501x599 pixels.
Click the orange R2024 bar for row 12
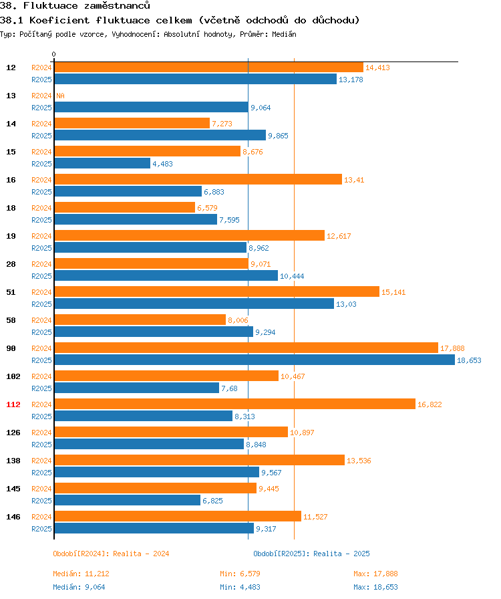208,68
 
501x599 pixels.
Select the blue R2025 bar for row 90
255,360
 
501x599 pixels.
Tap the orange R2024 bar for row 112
234,404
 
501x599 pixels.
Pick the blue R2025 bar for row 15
102,164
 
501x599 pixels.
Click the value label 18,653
469,360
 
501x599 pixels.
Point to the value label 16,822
430,404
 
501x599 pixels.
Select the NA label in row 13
60,96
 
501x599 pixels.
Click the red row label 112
13,404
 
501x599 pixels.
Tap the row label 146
13,517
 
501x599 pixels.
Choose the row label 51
11,292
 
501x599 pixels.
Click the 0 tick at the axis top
54,54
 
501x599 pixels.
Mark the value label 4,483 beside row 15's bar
164,164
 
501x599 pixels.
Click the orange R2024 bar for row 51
216,292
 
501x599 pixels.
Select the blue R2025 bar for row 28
166,276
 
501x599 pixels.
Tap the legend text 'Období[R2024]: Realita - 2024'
111,554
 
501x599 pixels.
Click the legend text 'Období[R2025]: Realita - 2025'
311,554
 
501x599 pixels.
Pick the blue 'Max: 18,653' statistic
375,587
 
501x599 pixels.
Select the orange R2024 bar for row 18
124,208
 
